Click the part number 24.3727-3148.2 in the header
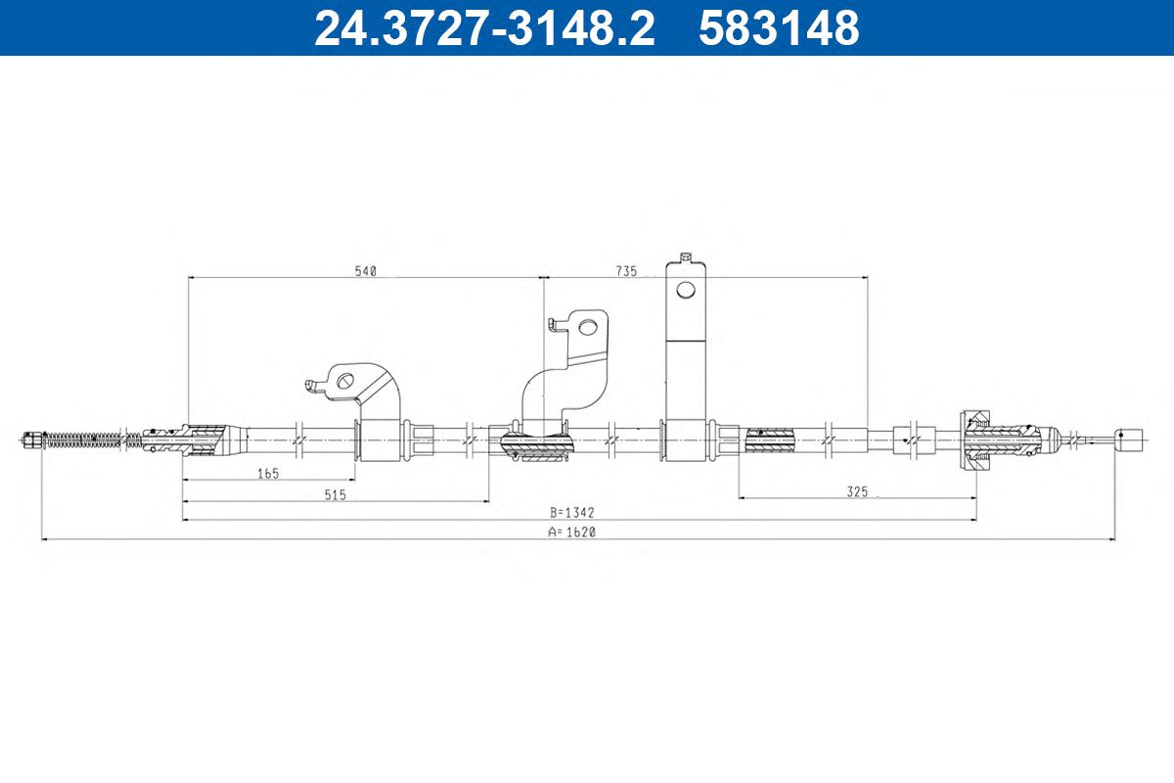click(485, 28)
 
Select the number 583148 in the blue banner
click(780, 28)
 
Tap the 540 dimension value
click(366, 271)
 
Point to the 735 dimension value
click(626, 271)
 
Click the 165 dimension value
click(268, 474)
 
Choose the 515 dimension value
click(336, 494)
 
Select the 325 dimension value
click(857, 491)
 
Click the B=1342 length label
click(572, 513)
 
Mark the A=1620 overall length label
click(572, 531)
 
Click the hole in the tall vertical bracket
click(686, 290)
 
